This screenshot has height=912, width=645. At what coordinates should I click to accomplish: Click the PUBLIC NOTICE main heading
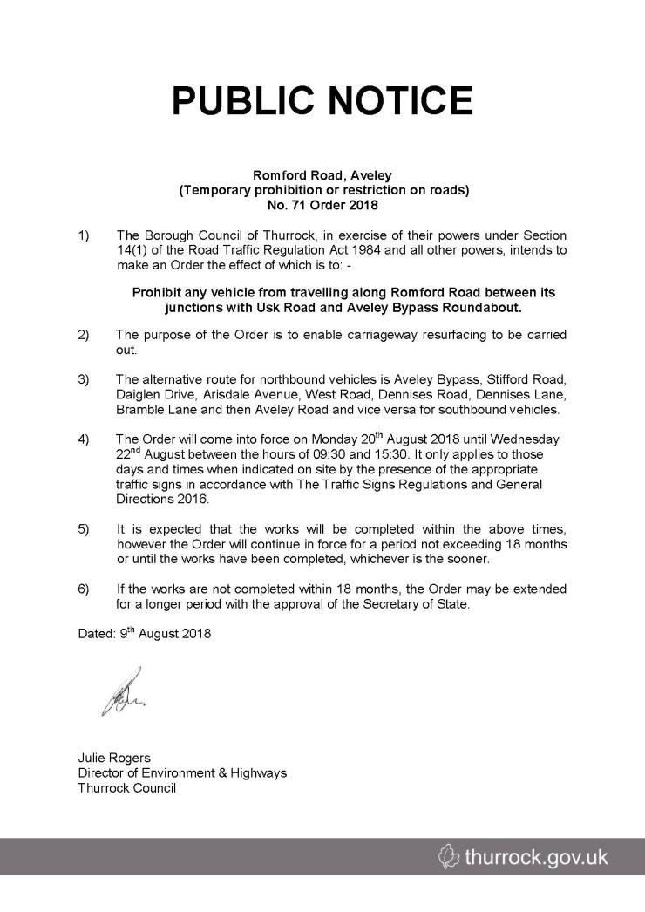point(322,102)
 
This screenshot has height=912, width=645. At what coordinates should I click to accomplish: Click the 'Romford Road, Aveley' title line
point(322,175)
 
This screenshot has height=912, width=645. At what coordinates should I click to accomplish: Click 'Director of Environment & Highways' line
point(182,772)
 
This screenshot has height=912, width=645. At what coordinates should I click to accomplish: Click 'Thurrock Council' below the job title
point(127,787)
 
